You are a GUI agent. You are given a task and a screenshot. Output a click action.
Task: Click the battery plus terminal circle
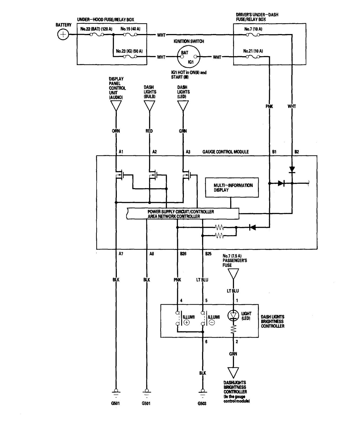click(x=63, y=35)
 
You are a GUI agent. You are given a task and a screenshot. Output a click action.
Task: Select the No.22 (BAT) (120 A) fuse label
click(x=96, y=29)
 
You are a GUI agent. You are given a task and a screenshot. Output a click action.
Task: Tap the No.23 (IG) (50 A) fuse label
click(x=129, y=51)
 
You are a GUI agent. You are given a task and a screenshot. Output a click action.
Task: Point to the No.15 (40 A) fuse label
click(x=130, y=29)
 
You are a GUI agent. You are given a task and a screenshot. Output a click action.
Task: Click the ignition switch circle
click(x=189, y=57)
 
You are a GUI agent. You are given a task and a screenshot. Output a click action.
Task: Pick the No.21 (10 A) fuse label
click(x=253, y=51)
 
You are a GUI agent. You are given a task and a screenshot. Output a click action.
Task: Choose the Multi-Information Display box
click(x=232, y=188)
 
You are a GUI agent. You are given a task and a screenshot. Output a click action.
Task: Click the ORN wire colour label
click(x=116, y=131)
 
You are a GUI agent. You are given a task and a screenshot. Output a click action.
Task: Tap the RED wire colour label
click(x=149, y=131)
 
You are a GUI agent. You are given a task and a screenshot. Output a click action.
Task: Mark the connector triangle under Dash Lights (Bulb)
click(x=149, y=106)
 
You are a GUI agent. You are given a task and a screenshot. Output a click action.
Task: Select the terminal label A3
click(x=188, y=152)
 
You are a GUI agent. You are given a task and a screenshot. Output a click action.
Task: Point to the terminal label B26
click(x=183, y=254)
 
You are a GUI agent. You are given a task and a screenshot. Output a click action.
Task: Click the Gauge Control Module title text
click(x=225, y=152)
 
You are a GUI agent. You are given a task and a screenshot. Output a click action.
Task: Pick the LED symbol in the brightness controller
click(x=233, y=315)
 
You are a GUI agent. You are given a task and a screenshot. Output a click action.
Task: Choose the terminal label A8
click(x=152, y=254)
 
